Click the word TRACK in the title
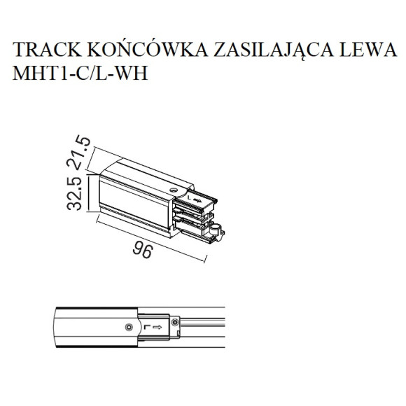[x=47, y=49]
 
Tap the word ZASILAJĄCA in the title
[x=274, y=50]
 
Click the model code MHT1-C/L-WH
[x=80, y=73]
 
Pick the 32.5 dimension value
[x=74, y=194]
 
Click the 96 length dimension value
[x=143, y=251]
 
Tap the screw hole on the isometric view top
[x=173, y=190]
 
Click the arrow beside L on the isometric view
[x=197, y=200]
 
